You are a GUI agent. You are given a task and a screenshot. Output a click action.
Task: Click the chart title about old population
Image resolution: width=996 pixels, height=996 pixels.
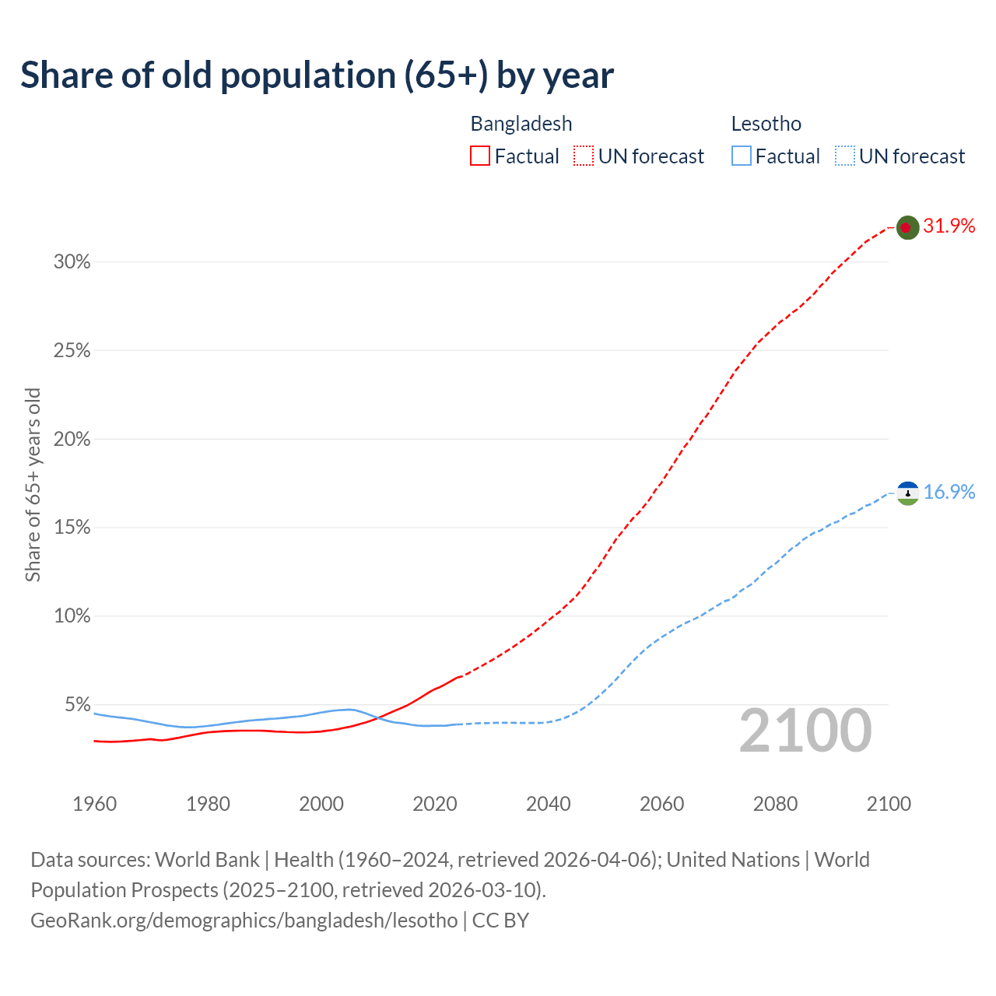(x=317, y=75)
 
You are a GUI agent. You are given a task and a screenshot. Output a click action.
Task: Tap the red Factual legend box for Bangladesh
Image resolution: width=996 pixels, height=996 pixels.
(x=480, y=156)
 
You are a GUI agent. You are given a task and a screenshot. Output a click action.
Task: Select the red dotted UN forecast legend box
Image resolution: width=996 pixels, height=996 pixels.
(x=584, y=156)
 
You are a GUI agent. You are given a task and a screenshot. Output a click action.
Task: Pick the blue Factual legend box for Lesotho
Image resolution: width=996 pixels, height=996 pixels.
(x=741, y=156)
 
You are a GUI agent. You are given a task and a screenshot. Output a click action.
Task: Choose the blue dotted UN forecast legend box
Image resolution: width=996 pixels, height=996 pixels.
(x=844, y=156)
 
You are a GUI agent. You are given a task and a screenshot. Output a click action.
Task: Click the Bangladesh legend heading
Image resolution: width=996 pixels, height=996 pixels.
(x=521, y=124)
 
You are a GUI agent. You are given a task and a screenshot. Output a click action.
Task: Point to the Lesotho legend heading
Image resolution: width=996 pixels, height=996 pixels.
(x=766, y=124)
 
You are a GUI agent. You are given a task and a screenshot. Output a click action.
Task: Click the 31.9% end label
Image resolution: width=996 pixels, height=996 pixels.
(x=949, y=226)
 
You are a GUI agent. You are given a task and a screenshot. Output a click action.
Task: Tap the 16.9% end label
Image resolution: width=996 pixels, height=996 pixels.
(x=949, y=493)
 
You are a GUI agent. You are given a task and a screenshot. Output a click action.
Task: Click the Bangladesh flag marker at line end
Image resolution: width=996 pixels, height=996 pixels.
(x=907, y=227)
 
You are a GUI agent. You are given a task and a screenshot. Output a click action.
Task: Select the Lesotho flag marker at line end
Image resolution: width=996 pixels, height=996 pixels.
(x=907, y=493)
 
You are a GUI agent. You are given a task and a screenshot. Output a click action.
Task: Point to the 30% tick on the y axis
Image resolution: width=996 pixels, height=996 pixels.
(x=72, y=262)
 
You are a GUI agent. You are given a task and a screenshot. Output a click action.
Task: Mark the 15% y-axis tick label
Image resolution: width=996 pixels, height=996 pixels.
(x=72, y=528)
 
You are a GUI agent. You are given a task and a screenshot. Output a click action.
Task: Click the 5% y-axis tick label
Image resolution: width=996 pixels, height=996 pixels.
(x=77, y=705)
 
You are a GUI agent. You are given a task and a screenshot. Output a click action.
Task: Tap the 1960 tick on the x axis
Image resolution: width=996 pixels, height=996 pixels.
(x=95, y=804)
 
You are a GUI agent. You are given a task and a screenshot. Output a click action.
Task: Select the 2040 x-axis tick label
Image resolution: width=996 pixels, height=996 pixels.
(x=549, y=804)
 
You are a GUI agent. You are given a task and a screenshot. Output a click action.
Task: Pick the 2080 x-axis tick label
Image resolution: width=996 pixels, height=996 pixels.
(x=775, y=804)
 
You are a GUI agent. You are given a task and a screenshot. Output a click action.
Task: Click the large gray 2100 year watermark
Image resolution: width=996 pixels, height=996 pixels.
(x=805, y=731)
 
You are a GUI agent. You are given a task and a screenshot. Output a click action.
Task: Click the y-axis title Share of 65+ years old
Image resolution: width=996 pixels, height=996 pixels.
(x=33, y=484)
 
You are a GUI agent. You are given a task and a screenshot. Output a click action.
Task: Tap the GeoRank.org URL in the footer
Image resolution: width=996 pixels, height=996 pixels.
(x=244, y=921)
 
